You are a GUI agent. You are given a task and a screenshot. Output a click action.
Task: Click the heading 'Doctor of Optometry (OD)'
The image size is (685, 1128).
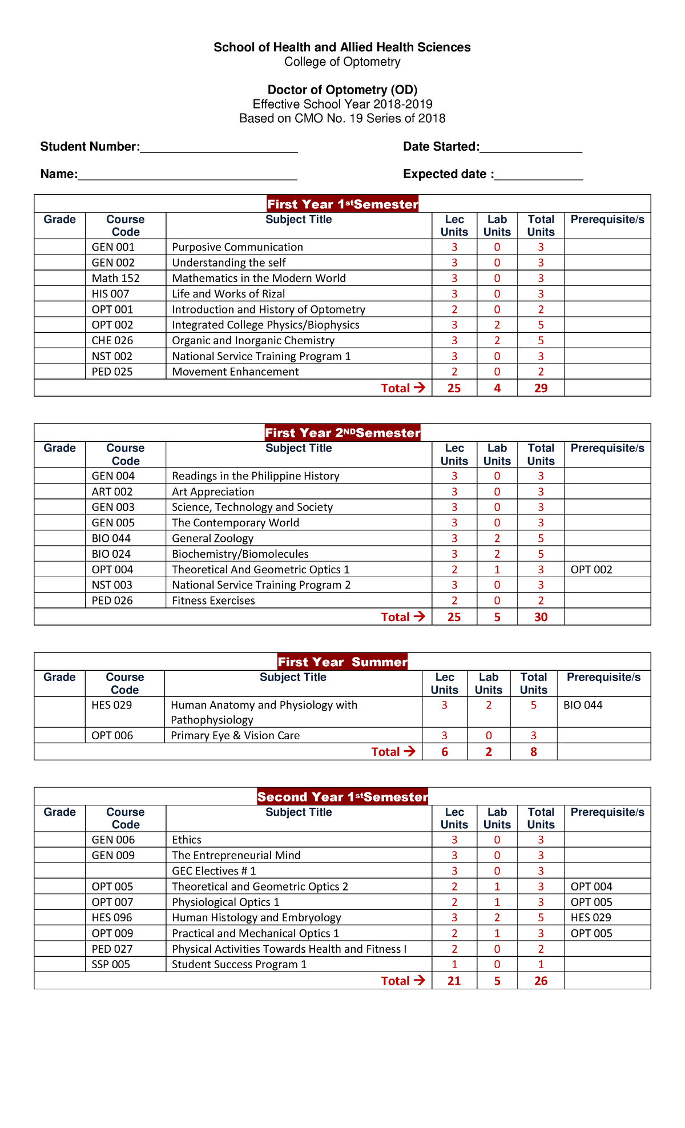coord(342,90)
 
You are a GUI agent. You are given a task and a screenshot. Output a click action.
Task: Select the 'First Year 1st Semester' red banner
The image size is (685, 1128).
coord(342,204)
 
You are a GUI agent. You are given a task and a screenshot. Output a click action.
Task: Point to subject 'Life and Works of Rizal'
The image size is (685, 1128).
coord(228,294)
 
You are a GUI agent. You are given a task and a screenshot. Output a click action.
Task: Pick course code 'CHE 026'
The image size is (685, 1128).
coord(112,341)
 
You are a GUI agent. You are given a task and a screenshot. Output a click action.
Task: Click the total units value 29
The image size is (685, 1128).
coord(541,388)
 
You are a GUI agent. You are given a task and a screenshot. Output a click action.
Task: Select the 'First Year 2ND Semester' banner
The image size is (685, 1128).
coord(342,433)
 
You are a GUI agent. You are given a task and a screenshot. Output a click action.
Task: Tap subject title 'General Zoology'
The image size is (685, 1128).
coord(212,538)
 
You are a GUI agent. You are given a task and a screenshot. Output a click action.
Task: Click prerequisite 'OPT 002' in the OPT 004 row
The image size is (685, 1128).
coord(591,570)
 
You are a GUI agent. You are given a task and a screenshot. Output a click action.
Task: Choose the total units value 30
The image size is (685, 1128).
coord(541,617)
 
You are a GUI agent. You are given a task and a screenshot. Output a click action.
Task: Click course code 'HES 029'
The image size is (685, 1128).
coord(111,705)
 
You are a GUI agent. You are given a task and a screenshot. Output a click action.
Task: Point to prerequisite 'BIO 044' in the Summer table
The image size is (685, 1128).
coord(583,705)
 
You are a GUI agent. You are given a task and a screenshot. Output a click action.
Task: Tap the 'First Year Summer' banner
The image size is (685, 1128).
coord(342,662)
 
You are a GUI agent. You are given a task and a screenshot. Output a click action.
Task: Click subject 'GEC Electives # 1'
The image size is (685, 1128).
coord(214,871)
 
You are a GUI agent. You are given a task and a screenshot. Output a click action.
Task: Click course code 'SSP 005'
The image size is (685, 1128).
coord(111,965)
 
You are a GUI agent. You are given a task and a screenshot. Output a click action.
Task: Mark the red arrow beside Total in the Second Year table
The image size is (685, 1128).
coord(420,981)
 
